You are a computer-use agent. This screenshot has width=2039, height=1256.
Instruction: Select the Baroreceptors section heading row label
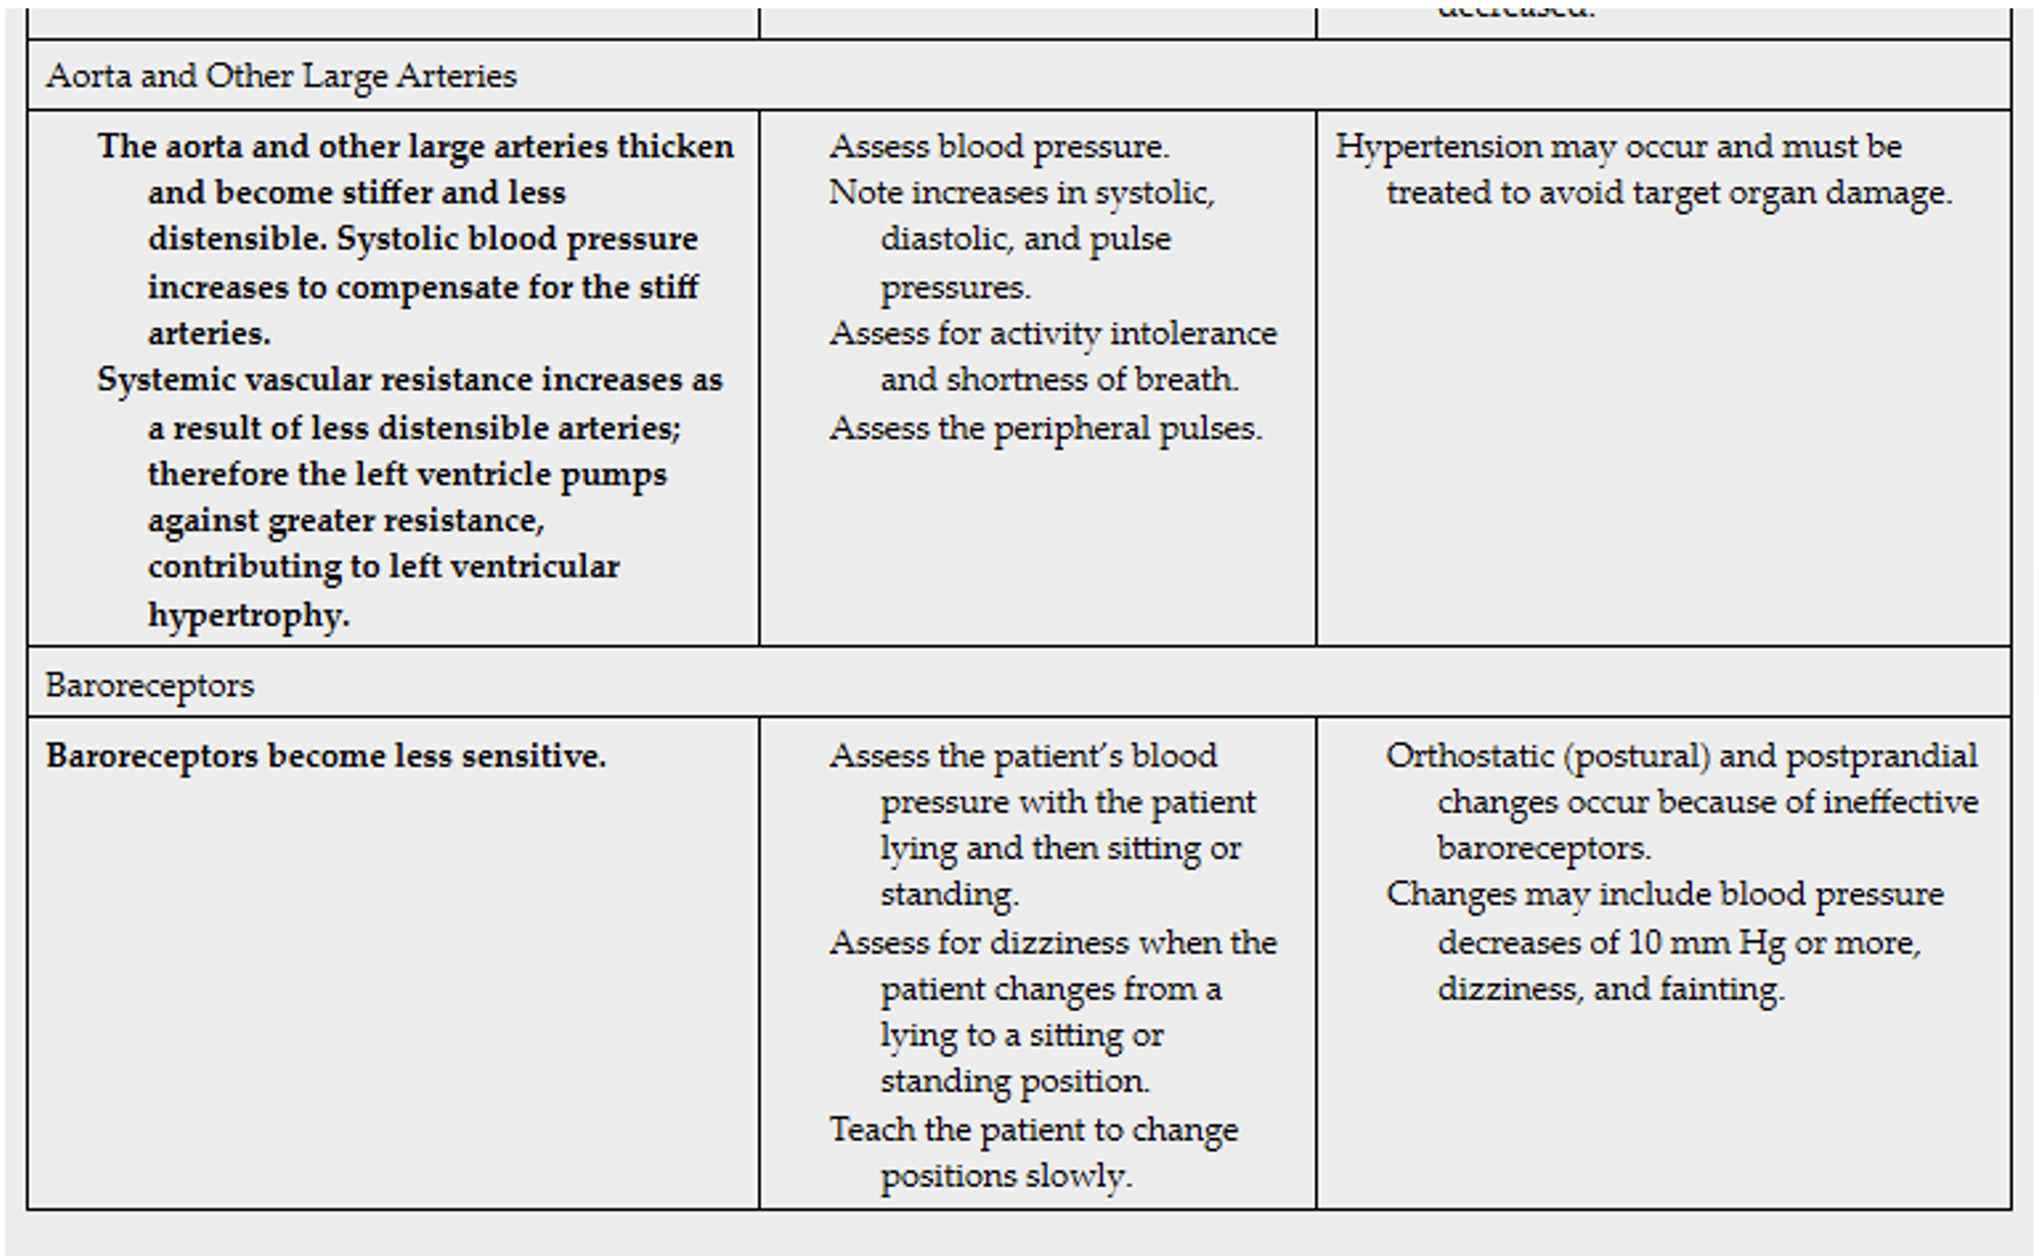click(x=149, y=686)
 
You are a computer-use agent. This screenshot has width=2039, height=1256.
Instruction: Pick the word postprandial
click(x=1881, y=756)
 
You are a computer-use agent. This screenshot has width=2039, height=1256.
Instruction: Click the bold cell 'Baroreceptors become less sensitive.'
click(x=325, y=756)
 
